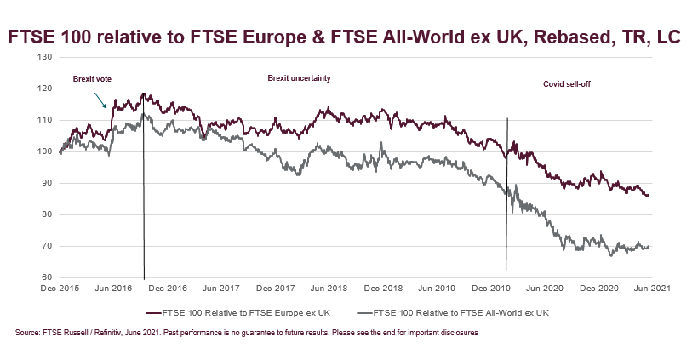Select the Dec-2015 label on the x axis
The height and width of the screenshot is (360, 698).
[x=60, y=289]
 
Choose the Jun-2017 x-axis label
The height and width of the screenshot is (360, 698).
[x=218, y=289]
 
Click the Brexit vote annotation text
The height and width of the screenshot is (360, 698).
[x=92, y=79]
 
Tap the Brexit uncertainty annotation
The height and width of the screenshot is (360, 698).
[x=299, y=78]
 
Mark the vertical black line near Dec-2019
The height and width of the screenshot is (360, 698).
[x=506, y=196]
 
